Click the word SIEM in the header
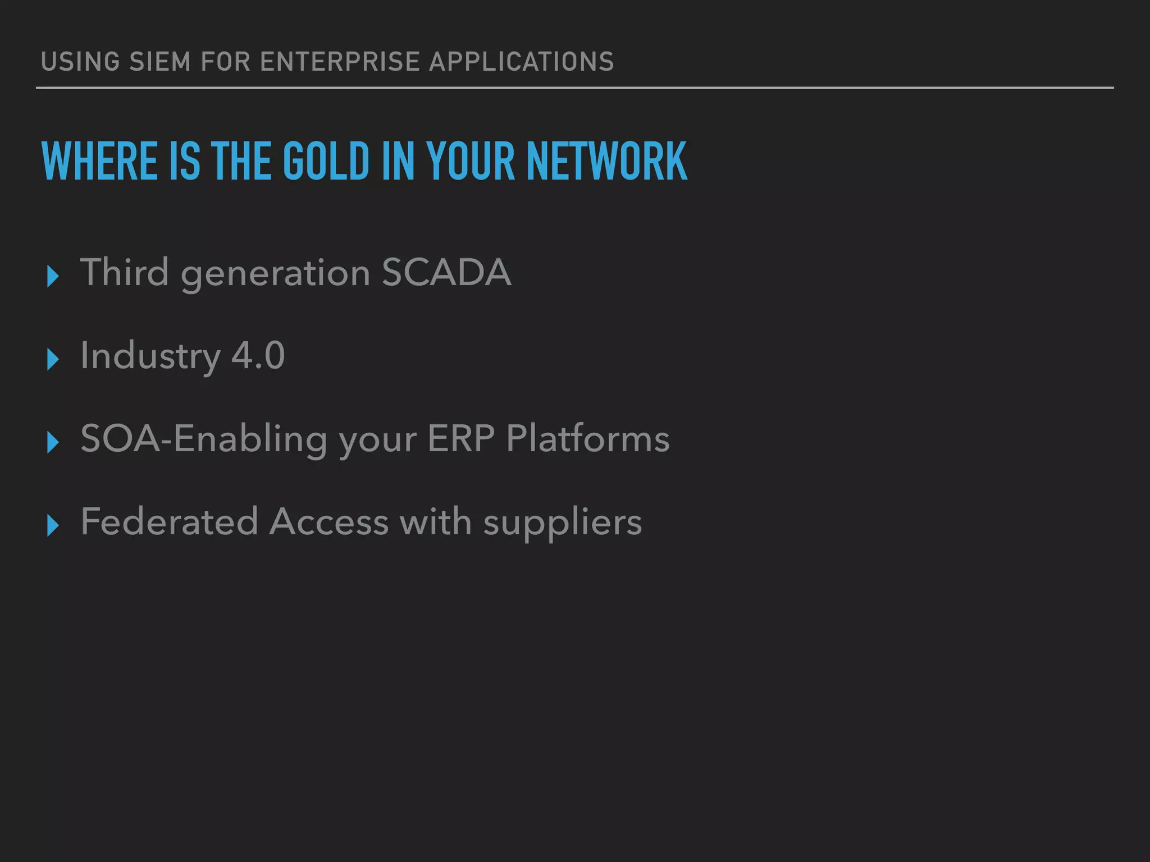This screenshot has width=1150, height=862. click(159, 62)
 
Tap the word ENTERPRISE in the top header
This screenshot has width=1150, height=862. click(340, 62)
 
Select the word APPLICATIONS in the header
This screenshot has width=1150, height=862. click(522, 62)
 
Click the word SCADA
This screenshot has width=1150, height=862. click(446, 273)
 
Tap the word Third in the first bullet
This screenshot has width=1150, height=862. click(124, 273)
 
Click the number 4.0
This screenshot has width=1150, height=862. click(258, 356)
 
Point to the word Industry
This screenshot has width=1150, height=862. click(150, 357)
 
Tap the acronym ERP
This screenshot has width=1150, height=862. click(460, 438)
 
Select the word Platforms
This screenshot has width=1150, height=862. click(587, 438)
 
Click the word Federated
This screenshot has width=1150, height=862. click(169, 522)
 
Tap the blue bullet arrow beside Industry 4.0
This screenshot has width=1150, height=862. click(53, 359)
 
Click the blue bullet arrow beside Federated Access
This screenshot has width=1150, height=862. click(53, 525)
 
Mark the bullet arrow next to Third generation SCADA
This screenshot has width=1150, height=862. click(53, 276)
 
